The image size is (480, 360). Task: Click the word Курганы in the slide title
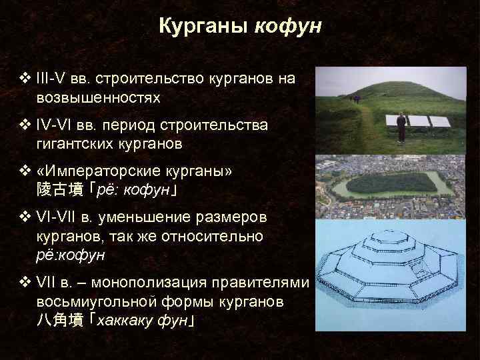(x=203, y=26)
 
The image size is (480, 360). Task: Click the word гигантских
(x=74, y=143)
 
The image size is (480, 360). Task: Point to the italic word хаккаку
(x=123, y=320)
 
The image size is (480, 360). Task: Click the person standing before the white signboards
(x=401, y=127)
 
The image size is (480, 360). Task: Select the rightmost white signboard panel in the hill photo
(x=439, y=121)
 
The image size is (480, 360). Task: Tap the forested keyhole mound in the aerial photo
(x=386, y=182)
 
